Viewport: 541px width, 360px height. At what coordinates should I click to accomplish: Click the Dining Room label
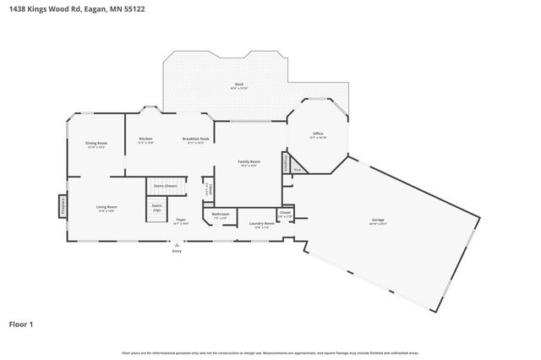click(x=96, y=144)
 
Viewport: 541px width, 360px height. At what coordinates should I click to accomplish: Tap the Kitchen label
click(x=145, y=139)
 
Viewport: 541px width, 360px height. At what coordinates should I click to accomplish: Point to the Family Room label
click(x=249, y=161)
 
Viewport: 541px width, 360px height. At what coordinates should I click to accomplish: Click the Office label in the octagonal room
click(x=318, y=134)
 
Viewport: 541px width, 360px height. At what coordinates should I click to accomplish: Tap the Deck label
click(x=240, y=85)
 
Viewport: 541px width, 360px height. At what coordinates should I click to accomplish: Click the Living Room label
click(x=106, y=207)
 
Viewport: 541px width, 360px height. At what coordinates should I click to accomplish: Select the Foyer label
click(x=181, y=220)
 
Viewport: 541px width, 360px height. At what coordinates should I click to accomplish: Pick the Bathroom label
click(x=221, y=215)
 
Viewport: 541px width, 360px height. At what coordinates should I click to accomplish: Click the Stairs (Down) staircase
click(x=165, y=186)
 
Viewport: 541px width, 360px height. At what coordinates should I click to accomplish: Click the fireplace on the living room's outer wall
click(x=63, y=206)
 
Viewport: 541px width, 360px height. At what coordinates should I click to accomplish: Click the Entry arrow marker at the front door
click(x=177, y=245)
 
